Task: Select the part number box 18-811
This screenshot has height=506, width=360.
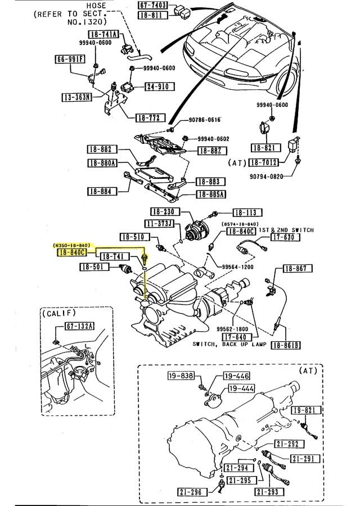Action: pos(152,16)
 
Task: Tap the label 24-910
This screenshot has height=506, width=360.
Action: pos(159,87)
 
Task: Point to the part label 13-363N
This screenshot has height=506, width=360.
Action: pos(76,97)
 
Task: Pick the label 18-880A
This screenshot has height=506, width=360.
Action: pos(102,163)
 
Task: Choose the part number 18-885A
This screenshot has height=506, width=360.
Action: pos(210,195)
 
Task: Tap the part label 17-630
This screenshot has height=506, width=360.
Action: pos(284,238)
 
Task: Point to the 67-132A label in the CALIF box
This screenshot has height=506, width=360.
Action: pos(79,326)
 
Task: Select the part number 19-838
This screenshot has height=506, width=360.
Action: pos(181,376)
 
